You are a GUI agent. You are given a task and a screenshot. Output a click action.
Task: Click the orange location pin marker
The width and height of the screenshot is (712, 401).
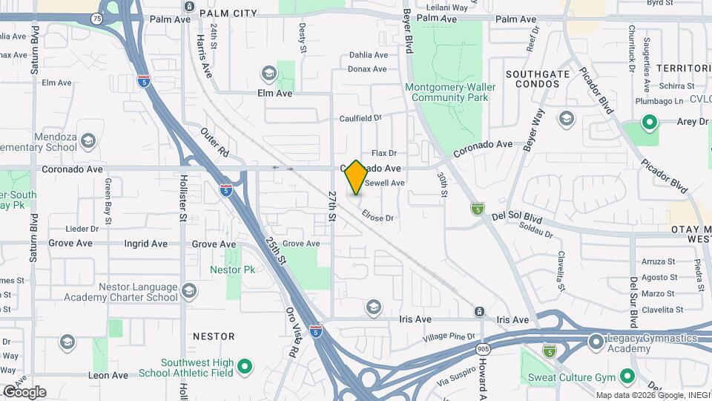[356, 177]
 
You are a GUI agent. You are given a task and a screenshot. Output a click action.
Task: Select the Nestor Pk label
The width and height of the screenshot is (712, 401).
[232, 270]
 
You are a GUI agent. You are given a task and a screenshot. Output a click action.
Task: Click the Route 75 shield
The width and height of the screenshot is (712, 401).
[97, 17]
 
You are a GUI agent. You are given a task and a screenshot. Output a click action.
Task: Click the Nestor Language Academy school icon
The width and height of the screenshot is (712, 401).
[189, 290]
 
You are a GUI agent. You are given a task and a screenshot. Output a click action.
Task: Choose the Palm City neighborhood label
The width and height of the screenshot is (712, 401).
[222, 13]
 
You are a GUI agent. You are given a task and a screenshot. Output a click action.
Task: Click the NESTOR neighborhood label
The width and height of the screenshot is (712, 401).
[214, 336]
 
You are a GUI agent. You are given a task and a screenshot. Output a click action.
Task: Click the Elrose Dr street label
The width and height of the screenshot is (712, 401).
[378, 217]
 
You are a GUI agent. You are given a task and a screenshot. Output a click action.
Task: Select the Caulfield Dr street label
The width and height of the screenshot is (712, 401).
[360, 117]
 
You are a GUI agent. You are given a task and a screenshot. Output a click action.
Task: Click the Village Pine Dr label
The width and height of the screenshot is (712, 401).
[447, 336]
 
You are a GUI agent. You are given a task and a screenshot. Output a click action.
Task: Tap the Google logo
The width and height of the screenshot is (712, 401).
[24, 392]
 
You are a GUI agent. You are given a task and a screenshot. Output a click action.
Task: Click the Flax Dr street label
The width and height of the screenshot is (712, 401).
[385, 153]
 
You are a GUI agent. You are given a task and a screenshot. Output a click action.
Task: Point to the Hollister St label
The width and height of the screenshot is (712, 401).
[182, 208]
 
